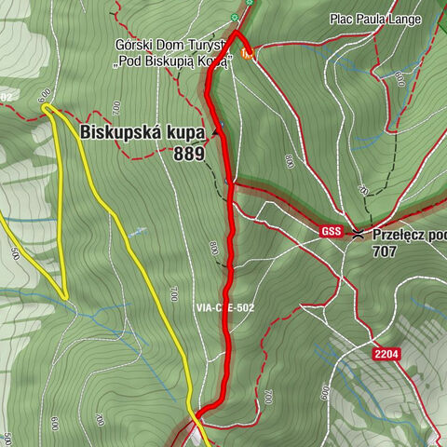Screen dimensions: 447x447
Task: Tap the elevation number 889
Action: (188, 154)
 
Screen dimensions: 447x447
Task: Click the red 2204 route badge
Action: (388, 355)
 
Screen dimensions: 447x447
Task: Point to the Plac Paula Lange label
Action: (374, 19)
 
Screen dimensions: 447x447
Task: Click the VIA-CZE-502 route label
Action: (224, 307)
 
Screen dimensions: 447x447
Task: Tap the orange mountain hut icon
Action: (246, 54)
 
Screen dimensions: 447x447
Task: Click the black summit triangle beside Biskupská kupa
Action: (216, 132)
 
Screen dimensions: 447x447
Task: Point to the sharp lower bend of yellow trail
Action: (64, 297)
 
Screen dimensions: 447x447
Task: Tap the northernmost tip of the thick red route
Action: (234, 33)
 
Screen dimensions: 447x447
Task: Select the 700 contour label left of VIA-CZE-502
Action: (173, 295)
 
